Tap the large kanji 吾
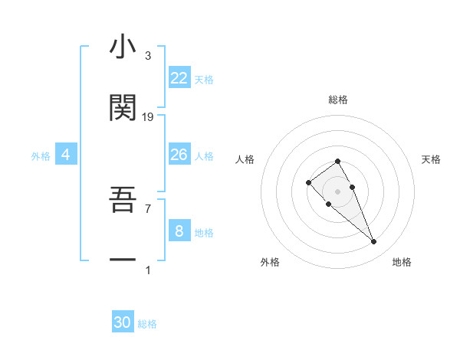(x=123, y=201)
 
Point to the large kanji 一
(x=123, y=260)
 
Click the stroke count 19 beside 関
(x=148, y=116)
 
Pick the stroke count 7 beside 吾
(x=148, y=208)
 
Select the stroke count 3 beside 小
(x=148, y=56)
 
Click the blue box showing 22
(x=179, y=78)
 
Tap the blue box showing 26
(x=179, y=155)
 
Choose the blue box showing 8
(x=179, y=231)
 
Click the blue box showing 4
(x=65, y=155)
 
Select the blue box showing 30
(x=123, y=322)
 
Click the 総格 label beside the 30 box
(x=147, y=324)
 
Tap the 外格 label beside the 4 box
(x=41, y=156)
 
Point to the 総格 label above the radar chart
(x=338, y=100)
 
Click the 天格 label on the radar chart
(x=431, y=159)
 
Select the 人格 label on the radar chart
(x=245, y=159)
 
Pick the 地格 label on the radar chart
(x=402, y=262)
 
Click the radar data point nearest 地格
(x=373, y=242)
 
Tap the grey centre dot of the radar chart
(x=338, y=191)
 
